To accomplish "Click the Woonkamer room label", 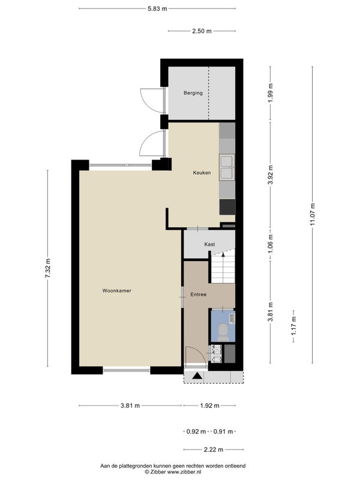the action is coord(116,290).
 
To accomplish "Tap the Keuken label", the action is coord(202,173).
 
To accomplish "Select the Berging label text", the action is coord(193,93).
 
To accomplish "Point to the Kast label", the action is coord(209,244).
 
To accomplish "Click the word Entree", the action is coord(199,295).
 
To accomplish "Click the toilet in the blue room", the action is coord(223,332).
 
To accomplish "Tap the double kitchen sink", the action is coord(227,167).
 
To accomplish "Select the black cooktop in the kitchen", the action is coord(227,207).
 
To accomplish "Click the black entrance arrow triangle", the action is coord(197,376).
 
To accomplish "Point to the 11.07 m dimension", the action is coord(312,214).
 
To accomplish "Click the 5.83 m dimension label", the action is coord(157,8).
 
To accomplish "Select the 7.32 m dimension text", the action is coord(48,268).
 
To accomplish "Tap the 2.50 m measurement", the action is coord(202,31).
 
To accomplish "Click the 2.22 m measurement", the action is coord(214,449).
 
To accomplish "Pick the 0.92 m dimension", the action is coord(196,431).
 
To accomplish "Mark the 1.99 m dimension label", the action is coord(271,94).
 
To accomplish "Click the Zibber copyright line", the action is coord(173,472).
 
